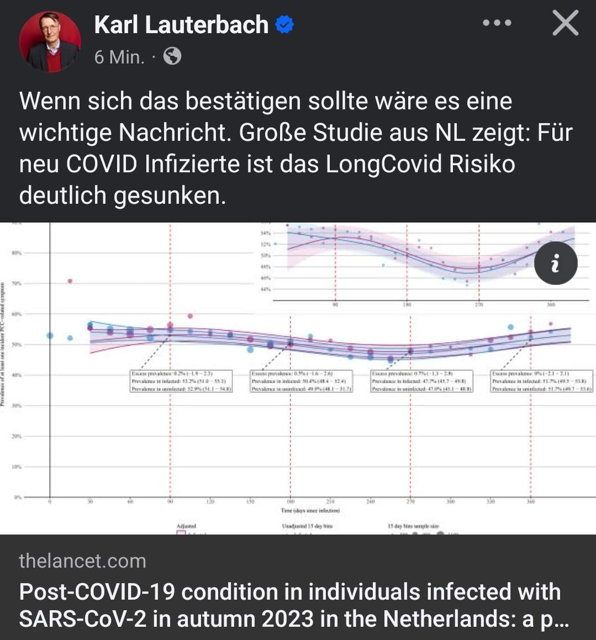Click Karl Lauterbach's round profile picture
50,41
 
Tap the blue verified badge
284,25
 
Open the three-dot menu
497,23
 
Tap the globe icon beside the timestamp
172,56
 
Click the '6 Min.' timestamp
119,57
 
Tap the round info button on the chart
555,263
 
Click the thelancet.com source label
82,561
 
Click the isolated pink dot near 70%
70,281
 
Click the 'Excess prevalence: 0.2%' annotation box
181,381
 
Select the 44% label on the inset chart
265,289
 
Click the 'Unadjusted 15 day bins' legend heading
307,526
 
